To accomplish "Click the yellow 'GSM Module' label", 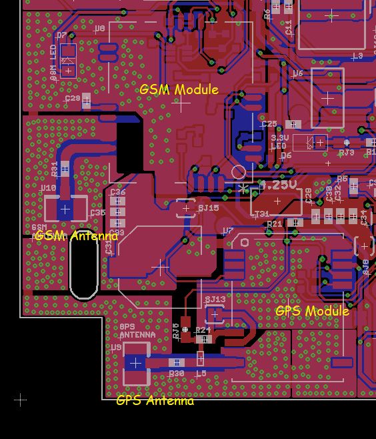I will click(x=179, y=89).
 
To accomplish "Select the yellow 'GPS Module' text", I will click(x=312, y=311).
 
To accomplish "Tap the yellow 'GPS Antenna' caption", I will click(x=155, y=400).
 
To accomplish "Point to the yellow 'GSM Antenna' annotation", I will click(x=76, y=236).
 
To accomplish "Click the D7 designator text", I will click(x=61, y=35).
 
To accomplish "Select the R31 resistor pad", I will click(x=65, y=169).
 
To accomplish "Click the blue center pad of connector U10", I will click(x=65, y=209).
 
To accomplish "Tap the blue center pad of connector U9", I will click(x=135, y=362).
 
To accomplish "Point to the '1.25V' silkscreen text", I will click(x=278, y=185).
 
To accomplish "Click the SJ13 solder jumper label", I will click(x=215, y=300).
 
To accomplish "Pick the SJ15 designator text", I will click(x=208, y=208).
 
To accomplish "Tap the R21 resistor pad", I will click(x=294, y=224).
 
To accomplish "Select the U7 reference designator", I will click(x=228, y=231).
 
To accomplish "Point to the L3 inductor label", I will click(x=357, y=56).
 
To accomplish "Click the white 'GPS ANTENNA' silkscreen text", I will click(x=137, y=331).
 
